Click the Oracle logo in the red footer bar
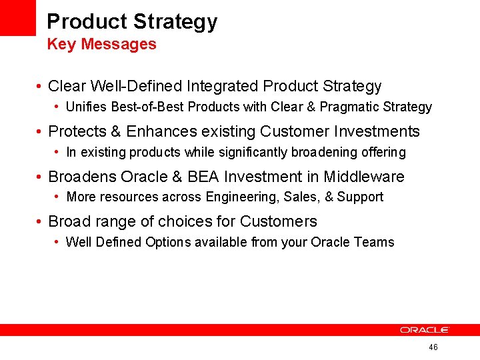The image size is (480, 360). pyautogui.click(x=425, y=330)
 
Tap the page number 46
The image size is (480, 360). pyautogui.click(x=433, y=347)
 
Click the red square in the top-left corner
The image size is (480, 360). pyautogui.click(x=17, y=17)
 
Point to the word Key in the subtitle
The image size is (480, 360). pyautogui.click(x=61, y=45)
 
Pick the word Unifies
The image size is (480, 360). pyautogui.click(x=85, y=107)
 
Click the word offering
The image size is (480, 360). pyautogui.click(x=383, y=152)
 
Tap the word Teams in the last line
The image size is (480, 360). pyautogui.click(x=376, y=242)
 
